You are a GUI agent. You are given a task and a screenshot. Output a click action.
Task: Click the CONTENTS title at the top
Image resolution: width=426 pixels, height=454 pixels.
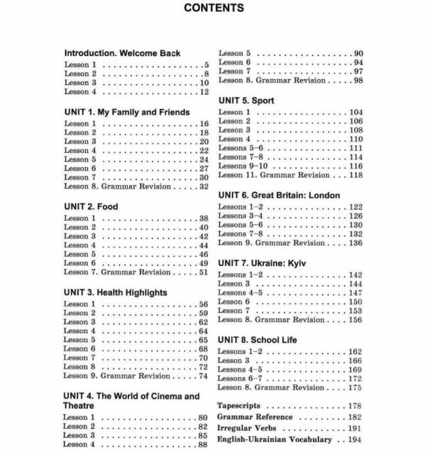pos(213,8)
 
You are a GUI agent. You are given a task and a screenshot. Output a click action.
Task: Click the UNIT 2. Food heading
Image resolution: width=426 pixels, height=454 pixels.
pos(91,207)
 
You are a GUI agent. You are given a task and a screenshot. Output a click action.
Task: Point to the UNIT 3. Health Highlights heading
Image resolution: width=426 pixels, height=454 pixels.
pos(115,293)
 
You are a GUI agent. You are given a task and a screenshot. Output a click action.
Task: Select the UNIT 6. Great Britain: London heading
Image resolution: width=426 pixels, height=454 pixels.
pos(279,196)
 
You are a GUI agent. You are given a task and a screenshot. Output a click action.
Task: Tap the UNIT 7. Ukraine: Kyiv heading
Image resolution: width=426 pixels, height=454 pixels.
pos(263,263)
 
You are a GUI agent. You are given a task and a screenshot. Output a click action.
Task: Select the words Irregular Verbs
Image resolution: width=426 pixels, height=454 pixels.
pos(247,428)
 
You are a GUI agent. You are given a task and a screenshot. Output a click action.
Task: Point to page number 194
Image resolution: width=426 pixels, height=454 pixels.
pos(354,439)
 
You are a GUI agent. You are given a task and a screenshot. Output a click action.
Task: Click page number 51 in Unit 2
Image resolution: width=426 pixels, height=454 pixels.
pos(204,272)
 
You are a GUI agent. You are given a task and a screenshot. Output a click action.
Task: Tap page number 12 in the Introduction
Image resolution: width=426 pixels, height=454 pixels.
pos(204,91)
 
